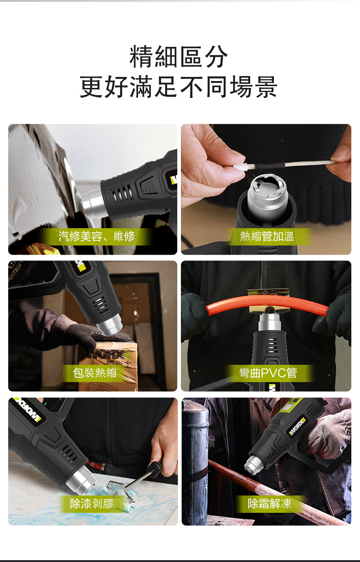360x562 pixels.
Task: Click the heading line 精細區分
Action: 179,57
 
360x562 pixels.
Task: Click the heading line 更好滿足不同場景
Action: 179,87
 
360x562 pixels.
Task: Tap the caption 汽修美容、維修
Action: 97,236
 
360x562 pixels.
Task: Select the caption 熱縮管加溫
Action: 267,236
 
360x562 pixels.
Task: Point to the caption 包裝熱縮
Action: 95,373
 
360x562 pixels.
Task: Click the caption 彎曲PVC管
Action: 268,373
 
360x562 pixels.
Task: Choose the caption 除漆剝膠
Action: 92,503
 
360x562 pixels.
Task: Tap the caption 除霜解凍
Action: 269,503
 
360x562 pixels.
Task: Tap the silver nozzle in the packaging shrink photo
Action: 110,325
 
